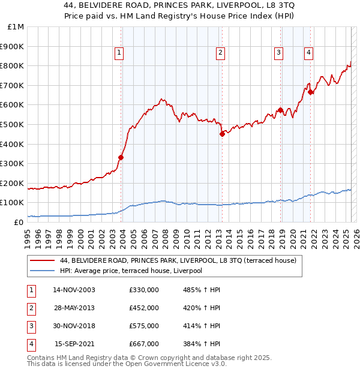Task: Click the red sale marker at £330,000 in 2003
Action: pyautogui.click(x=121, y=157)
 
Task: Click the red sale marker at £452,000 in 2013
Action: pyautogui.click(x=221, y=134)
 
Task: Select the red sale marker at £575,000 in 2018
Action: pyautogui.click(x=280, y=110)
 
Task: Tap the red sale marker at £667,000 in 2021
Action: pyautogui.click(x=310, y=92)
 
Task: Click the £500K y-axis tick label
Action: pyautogui.click(x=13, y=125)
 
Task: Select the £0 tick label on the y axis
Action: pyautogui.click(x=18, y=222)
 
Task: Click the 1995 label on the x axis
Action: pyautogui.click(x=28, y=234)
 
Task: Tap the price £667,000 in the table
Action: pyautogui.click(x=144, y=344)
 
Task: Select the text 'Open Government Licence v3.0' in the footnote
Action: pyautogui.click(x=178, y=364)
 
